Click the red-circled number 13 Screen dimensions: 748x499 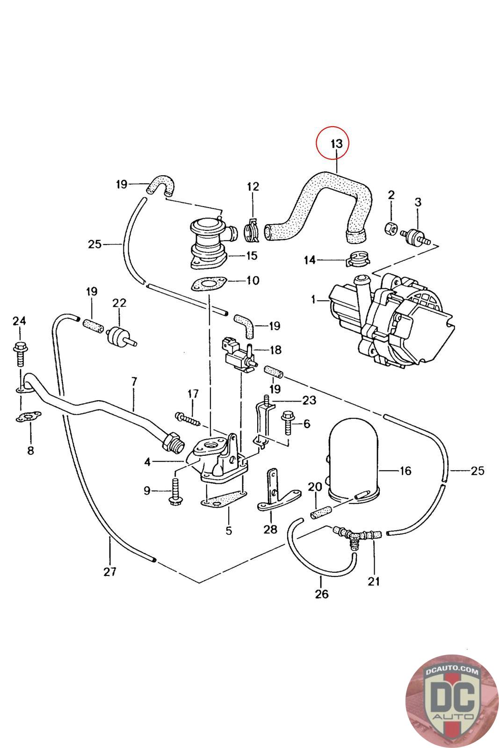(336, 143)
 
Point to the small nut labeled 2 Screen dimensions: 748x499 (391, 229)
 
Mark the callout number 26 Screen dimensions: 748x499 (322, 594)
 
